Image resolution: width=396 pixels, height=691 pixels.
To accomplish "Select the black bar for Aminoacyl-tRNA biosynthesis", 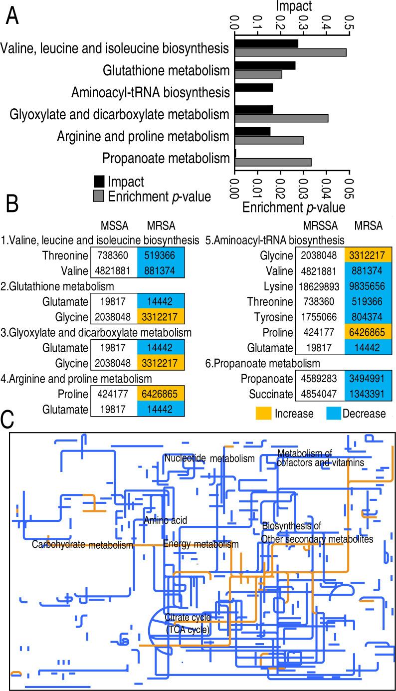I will click(253, 88).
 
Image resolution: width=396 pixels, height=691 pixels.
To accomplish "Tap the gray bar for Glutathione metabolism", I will click(258, 74).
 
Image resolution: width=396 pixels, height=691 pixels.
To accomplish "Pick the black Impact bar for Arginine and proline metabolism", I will click(252, 131).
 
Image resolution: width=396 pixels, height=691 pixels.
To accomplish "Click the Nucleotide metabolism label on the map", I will click(209, 458).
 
